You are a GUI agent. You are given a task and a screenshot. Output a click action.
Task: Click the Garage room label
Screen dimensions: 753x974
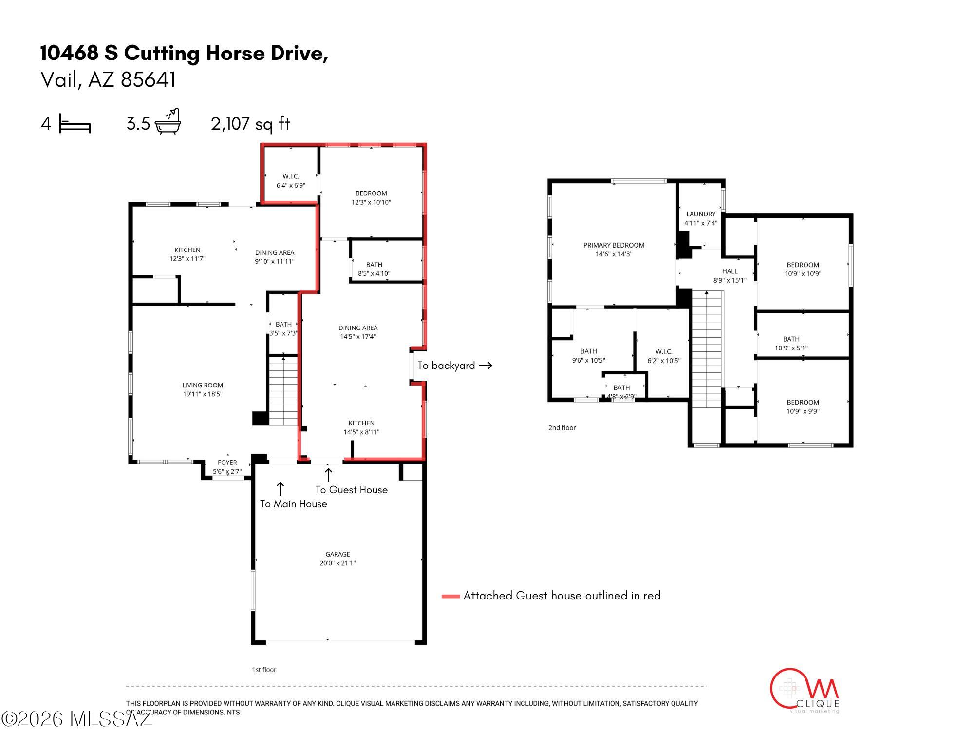(x=337, y=554)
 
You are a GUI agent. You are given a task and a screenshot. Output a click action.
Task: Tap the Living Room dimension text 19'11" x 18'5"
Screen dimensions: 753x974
(x=203, y=394)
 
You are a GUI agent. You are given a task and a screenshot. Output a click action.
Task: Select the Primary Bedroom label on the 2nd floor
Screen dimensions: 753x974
(x=614, y=245)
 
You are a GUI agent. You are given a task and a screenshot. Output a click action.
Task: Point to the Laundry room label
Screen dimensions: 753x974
(x=701, y=214)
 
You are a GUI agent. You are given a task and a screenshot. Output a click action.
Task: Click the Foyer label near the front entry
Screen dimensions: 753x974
(x=227, y=463)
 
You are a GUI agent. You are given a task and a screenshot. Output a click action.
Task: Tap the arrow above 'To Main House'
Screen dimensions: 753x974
(x=280, y=489)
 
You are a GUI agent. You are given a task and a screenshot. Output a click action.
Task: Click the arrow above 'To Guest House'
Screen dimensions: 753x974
(x=328, y=474)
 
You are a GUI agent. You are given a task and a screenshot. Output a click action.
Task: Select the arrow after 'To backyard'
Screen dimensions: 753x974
(x=485, y=366)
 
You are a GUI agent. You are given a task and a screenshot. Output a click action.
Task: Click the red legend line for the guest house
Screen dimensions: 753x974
(x=450, y=596)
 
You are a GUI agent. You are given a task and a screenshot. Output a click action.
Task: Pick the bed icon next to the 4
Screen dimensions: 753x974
(x=75, y=124)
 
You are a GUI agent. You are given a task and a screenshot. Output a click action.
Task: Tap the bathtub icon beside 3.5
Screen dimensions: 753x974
(x=168, y=122)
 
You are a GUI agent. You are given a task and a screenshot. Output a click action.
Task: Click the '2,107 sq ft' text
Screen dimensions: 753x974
(x=250, y=124)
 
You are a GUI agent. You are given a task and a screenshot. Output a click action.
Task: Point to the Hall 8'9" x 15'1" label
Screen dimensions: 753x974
(x=730, y=276)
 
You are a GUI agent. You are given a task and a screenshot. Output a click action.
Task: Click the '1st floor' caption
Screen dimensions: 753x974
(x=264, y=670)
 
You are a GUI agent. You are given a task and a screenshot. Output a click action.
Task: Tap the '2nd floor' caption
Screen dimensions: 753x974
(x=562, y=428)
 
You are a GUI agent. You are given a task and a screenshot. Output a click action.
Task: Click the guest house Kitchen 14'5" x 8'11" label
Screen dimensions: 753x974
(x=361, y=427)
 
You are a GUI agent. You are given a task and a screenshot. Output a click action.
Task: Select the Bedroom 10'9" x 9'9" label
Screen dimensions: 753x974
(x=803, y=406)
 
